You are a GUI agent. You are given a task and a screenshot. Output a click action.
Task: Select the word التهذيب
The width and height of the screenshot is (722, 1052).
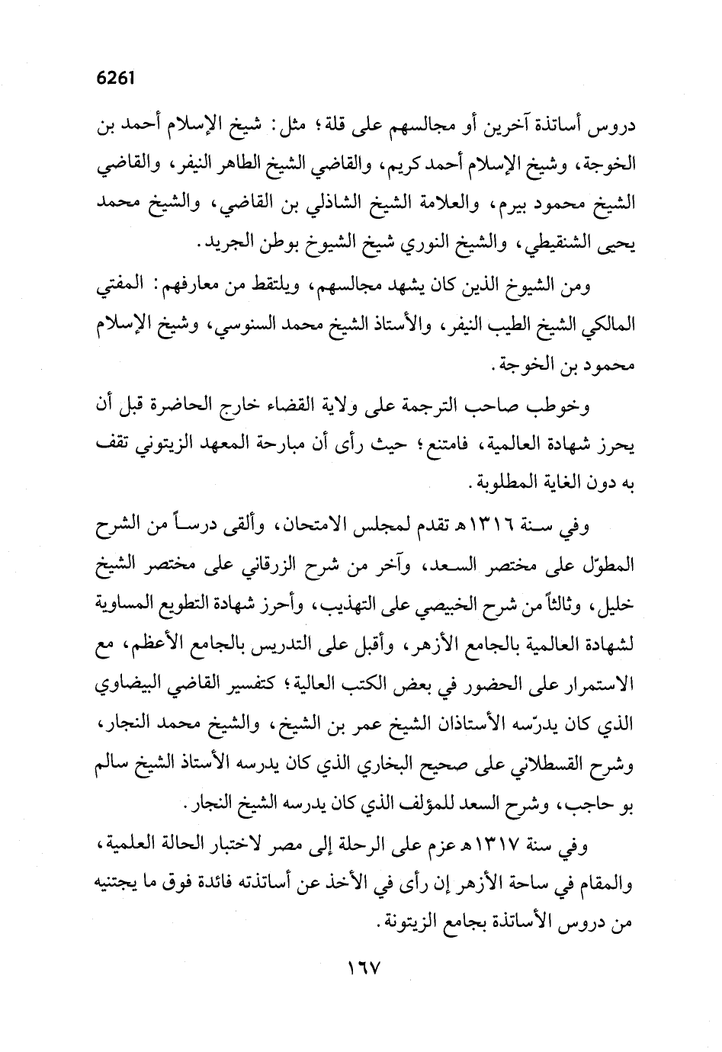(x=323, y=608)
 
